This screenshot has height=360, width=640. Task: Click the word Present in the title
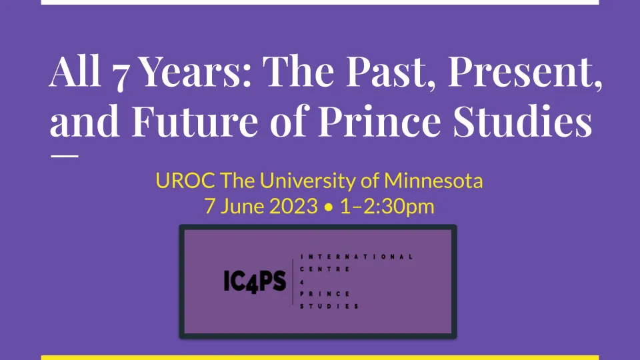525,71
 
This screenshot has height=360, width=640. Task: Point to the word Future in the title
195,121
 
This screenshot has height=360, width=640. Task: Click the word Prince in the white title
379,121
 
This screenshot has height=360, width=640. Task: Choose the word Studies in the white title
523,121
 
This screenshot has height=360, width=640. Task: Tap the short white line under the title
65,156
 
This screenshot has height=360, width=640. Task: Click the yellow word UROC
185,181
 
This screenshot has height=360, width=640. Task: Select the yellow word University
308,181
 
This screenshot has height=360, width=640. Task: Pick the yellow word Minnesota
433,181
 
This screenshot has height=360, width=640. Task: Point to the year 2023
293,206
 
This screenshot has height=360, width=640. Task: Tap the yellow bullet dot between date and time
329,207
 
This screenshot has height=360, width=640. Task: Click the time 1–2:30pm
387,207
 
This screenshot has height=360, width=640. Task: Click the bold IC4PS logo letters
255,281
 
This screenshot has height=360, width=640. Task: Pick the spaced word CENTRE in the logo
325,269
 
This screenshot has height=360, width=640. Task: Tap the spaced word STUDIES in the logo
329,306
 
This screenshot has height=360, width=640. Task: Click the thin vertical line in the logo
293,281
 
